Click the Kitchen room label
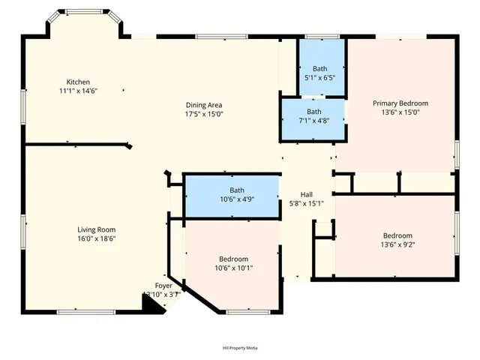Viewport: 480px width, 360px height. tap(78, 82)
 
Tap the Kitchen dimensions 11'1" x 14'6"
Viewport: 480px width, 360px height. tap(78, 91)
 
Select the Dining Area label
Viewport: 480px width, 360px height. tap(204, 105)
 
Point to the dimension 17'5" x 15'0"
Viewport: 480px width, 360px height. tap(204, 114)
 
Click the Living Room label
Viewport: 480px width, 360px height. tap(96, 229)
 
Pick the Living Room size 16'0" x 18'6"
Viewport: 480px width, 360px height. tap(96, 238)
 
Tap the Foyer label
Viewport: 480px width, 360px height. tap(163, 286)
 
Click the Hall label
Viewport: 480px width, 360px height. tap(306, 193)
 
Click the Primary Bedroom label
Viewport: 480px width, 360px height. tap(400, 103)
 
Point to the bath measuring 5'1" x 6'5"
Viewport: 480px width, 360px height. tap(320, 72)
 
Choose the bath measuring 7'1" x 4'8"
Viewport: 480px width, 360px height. tap(313, 115)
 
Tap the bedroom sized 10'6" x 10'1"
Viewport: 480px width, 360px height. tap(234, 263)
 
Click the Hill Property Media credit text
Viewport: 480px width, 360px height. tap(240, 348)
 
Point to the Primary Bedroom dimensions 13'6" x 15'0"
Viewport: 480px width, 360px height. tap(400, 112)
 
